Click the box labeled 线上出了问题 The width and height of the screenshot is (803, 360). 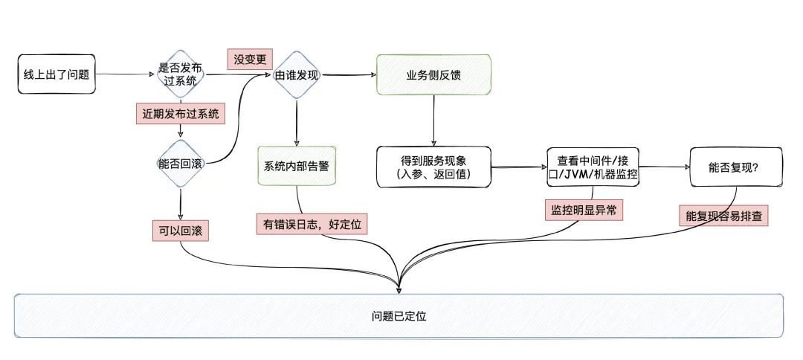[56, 74]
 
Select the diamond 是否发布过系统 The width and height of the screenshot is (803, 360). [180, 74]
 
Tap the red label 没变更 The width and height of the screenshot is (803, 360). [249, 59]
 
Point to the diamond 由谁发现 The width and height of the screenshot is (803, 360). [297, 74]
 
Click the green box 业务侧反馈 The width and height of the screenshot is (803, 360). [433, 75]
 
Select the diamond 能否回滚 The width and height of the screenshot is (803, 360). [180, 164]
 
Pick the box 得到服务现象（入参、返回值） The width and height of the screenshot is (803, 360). [433, 167]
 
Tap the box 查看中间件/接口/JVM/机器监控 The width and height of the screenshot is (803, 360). [593, 167]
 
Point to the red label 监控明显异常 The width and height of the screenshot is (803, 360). [583, 210]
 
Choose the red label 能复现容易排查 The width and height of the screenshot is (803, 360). [723, 216]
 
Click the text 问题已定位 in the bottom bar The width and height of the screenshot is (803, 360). [399, 316]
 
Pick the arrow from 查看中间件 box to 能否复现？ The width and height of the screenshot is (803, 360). [664, 168]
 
